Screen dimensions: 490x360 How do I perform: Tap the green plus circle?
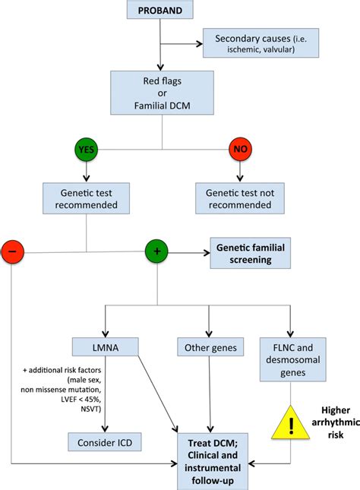[157, 251]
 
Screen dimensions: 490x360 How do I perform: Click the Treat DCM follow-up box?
[210, 454]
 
